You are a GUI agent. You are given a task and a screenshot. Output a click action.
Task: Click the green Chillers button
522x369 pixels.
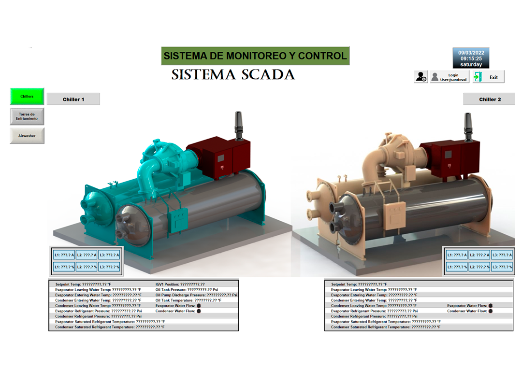(x=27, y=97)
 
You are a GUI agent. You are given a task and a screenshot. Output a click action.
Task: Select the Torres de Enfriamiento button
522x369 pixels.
(x=27, y=116)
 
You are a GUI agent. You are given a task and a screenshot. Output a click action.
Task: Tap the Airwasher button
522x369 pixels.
(x=27, y=136)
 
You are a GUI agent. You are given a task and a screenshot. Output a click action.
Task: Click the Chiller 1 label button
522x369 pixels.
(x=73, y=99)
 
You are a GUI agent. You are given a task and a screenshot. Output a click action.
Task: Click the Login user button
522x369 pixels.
(x=449, y=77)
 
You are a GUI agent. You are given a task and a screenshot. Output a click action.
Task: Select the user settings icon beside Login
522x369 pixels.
(x=421, y=77)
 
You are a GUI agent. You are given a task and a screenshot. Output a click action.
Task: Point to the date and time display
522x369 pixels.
(x=471, y=58)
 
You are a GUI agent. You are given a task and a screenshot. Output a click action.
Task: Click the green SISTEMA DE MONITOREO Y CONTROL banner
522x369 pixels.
(x=255, y=56)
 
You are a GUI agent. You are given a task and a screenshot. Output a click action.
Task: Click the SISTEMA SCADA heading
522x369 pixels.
(x=233, y=75)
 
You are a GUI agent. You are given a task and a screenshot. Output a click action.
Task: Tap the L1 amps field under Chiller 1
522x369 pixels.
(x=64, y=255)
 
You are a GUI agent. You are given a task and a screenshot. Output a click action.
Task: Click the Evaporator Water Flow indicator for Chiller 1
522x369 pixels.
(x=199, y=306)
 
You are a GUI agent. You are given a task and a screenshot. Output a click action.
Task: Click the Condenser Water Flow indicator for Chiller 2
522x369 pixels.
(x=491, y=311)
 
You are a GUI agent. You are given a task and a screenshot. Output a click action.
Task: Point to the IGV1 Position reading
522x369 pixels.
(x=180, y=284)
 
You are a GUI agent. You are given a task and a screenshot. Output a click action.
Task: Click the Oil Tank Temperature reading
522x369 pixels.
(x=188, y=300)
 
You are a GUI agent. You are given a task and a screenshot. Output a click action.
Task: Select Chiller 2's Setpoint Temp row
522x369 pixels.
(x=359, y=284)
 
